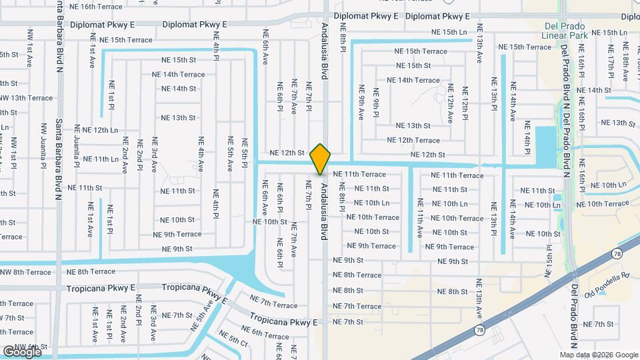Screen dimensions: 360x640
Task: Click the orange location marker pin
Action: pos(321,159)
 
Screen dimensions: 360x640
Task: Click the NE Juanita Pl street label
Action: pos(77,145)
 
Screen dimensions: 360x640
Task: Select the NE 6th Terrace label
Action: pos(265,331)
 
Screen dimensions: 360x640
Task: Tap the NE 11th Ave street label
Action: pos(420,218)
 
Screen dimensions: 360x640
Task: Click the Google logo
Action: pos(22,351)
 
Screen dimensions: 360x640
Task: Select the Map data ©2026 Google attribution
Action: pos(598,355)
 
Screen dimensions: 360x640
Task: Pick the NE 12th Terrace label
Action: pos(413,140)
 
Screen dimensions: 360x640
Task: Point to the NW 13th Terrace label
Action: pos(27,98)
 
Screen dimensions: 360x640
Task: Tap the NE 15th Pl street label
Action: pos(549,260)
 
